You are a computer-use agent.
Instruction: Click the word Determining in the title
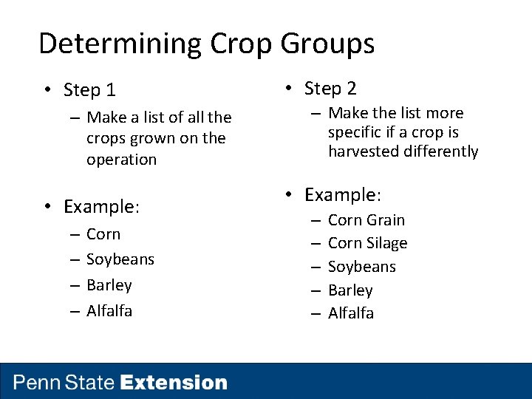pos(120,44)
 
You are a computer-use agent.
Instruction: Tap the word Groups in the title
pos(327,44)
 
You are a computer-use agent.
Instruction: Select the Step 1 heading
pos(89,90)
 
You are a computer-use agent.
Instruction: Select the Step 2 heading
pos(330,89)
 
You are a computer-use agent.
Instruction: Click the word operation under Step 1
pos(121,160)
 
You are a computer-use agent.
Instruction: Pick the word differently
pos(441,151)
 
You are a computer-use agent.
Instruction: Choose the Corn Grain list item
pos(366,220)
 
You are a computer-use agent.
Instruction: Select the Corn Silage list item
pos(367,243)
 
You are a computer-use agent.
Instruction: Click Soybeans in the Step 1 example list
pos(120,259)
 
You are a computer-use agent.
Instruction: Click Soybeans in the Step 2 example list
pos(361,267)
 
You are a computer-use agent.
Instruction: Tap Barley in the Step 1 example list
pos(109,285)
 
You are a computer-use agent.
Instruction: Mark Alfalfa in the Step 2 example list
pos(350,313)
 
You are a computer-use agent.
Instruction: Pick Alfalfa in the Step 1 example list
pos(109,311)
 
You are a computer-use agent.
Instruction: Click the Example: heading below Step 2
pos(342,196)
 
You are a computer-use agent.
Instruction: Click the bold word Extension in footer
pos(174,383)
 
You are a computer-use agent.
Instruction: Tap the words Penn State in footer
pos(64,383)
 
